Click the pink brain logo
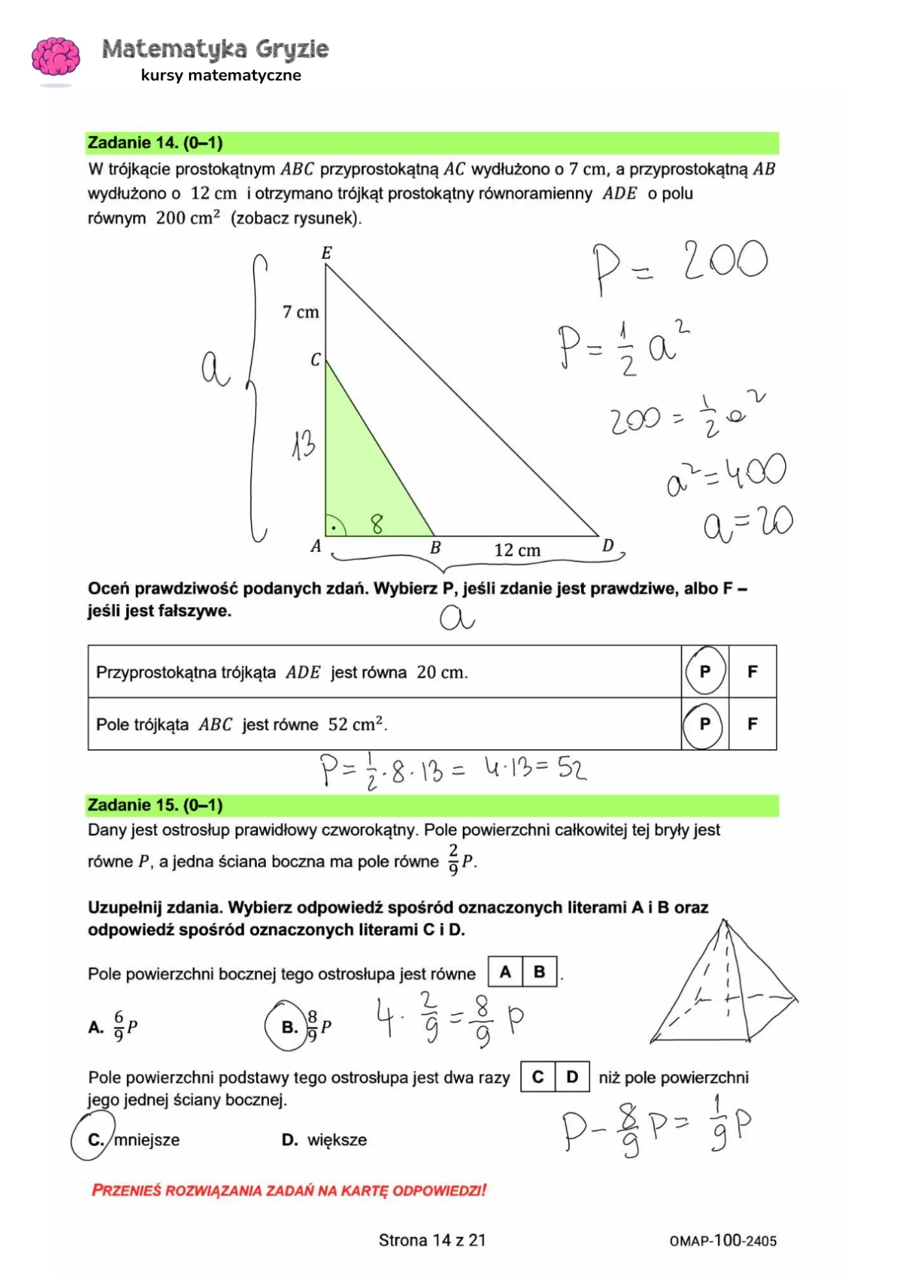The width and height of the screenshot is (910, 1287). click(x=56, y=57)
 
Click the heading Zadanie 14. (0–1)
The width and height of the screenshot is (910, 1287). click(x=155, y=143)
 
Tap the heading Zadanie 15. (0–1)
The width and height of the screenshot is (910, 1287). click(x=155, y=805)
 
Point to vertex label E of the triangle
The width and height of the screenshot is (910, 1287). click(x=327, y=253)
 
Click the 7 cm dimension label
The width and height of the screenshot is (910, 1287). click(x=301, y=313)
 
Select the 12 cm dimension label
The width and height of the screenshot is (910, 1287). click(x=517, y=551)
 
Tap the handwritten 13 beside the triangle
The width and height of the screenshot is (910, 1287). click(x=303, y=445)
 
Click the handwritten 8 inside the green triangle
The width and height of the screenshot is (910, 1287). click(x=377, y=523)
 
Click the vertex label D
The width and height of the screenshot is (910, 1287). click(x=608, y=545)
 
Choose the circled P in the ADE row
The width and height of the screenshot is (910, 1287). click(x=705, y=671)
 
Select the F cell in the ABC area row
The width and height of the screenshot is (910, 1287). click(x=753, y=724)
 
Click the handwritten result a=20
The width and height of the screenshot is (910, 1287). click(x=747, y=524)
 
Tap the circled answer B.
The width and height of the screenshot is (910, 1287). click(x=289, y=1027)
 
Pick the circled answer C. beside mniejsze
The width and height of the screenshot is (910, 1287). click(x=95, y=1139)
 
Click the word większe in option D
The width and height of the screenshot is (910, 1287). click(x=337, y=1139)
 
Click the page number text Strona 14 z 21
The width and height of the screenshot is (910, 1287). click(x=432, y=1240)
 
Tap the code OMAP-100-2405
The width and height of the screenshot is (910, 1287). click(x=723, y=1241)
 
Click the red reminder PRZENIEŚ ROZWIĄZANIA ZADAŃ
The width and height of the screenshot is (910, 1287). click(x=289, y=1190)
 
